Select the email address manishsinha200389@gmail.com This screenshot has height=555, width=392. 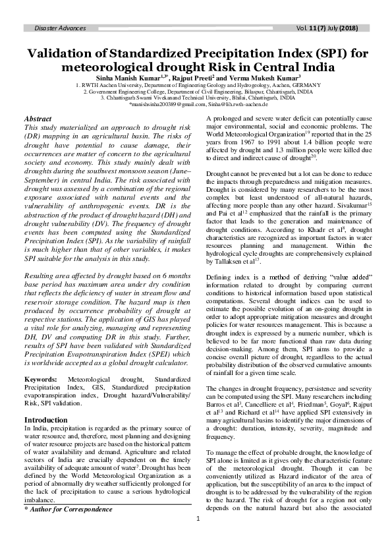click(x=163, y=105)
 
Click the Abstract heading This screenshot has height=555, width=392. click(x=38, y=119)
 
